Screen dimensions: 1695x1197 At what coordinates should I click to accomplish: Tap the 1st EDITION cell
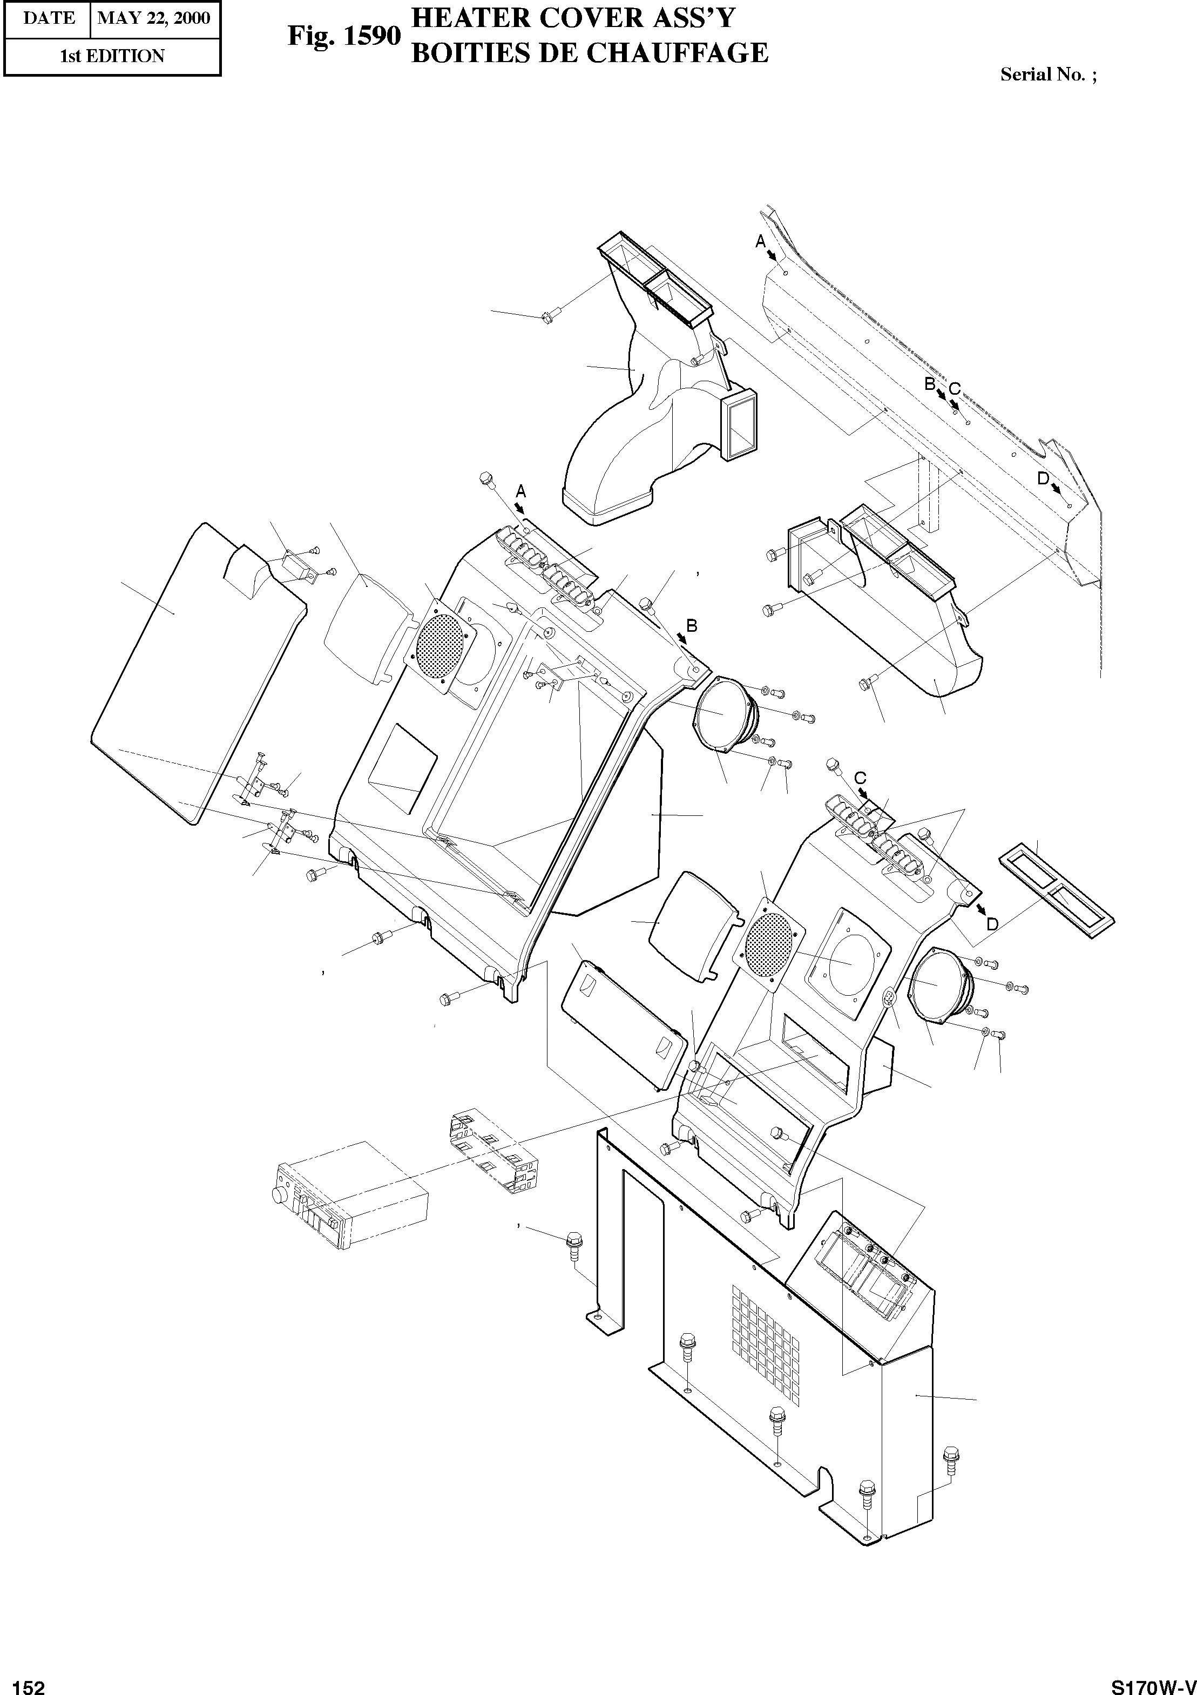(112, 56)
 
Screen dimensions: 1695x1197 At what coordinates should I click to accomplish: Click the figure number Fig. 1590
(344, 36)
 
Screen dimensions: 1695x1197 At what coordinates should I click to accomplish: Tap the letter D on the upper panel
(1043, 478)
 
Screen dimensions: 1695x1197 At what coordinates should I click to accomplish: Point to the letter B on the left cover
(692, 625)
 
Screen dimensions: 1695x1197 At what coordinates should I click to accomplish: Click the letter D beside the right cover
(992, 923)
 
